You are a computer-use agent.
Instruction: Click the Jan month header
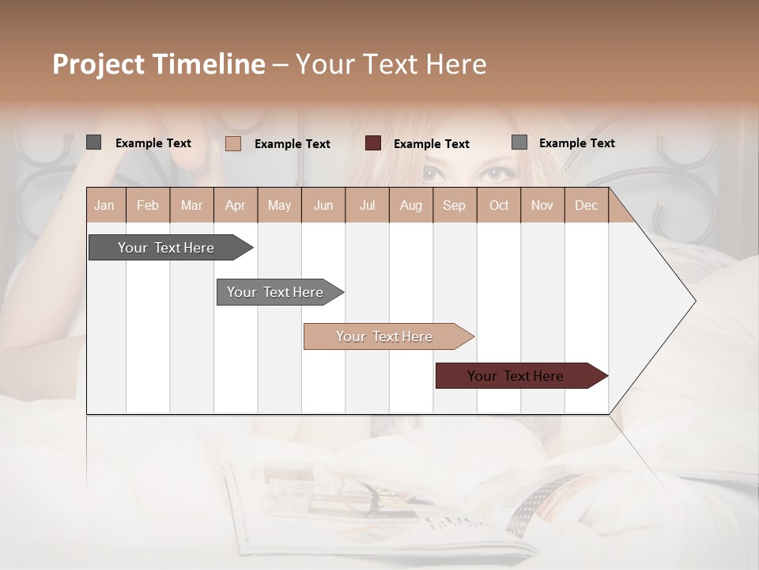click(105, 205)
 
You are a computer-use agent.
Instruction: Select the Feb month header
click(148, 205)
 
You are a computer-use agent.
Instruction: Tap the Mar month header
click(191, 205)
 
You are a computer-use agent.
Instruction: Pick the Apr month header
click(236, 205)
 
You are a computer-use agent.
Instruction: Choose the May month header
click(279, 205)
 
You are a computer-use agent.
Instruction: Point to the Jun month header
click(323, 205)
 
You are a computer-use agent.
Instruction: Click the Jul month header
click(367, 205)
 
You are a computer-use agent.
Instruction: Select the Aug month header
click(411, 205)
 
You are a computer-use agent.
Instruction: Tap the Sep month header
click(455, 205)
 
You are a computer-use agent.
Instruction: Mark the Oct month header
click(499, 205)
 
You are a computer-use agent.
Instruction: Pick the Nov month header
click(542, 205)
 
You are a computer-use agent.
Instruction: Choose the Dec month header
click(586, 205)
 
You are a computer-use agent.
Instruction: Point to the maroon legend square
click(373, 143)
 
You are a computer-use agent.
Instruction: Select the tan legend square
click(233, 143)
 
